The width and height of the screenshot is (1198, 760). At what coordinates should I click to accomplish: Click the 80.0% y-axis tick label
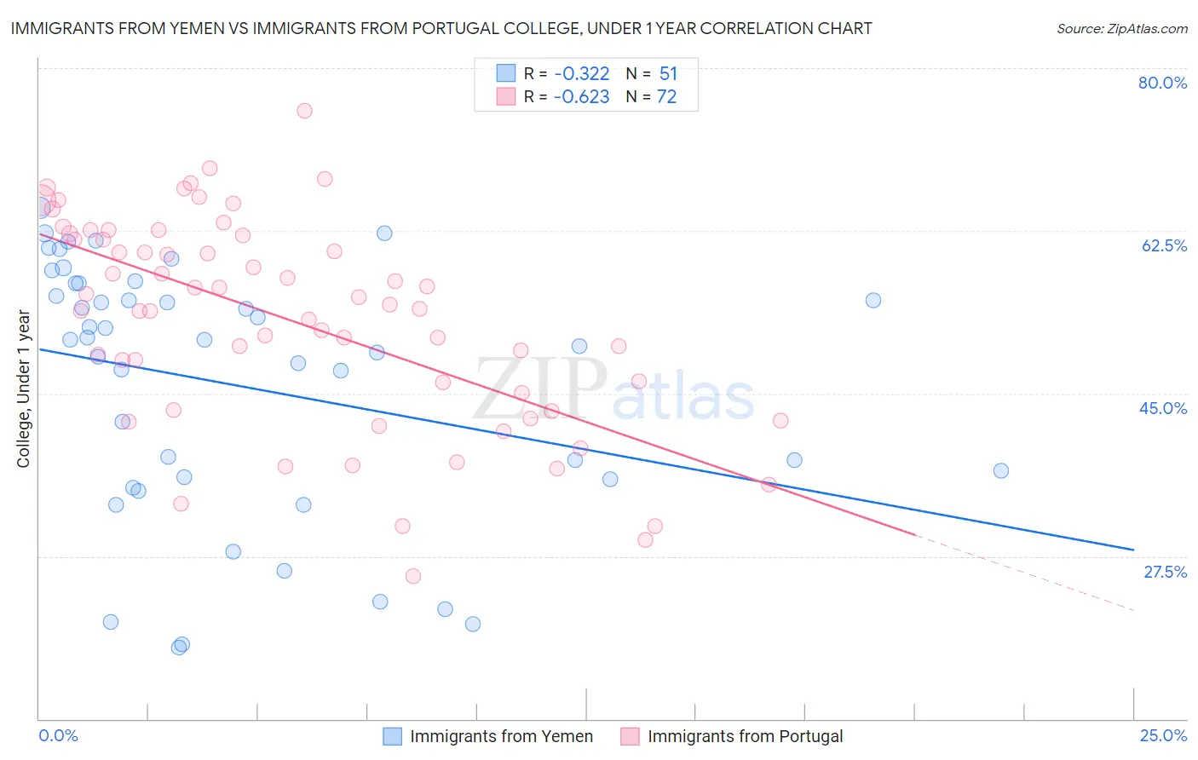tap(1162, 83)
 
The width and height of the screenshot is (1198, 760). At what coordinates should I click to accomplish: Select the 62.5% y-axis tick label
tap(1164, 245)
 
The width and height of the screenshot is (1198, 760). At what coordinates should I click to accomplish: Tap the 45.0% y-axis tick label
tap(1163, 408)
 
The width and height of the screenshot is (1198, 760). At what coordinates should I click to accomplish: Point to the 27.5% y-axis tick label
tap(1165, 572)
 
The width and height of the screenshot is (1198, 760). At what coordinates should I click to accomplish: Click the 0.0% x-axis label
tap(58, 735)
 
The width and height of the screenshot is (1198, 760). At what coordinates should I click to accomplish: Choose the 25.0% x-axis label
tap(1163, 735)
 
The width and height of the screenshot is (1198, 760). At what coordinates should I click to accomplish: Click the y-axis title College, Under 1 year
tap(23, 389)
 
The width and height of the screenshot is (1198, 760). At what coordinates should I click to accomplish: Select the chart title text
tap(441, 28)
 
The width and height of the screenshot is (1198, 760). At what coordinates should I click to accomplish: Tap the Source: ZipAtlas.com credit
tap(1121, 28)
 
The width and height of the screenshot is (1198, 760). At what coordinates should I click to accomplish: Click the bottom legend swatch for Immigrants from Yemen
tap(392, 736)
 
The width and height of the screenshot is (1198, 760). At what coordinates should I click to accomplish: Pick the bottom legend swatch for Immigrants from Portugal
tap(630, 736)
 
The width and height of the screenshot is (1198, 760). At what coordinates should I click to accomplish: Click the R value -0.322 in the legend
tap(581, 73)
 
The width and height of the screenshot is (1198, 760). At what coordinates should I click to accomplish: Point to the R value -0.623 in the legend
tap(581, 97)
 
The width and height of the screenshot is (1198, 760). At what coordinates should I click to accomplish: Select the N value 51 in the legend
tap(668, 73)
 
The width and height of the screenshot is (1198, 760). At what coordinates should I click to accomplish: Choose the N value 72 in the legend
tap(666, 97)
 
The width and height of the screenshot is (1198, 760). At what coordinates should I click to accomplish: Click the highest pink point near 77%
tap(304, 111)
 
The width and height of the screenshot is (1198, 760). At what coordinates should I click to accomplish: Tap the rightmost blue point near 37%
tap(1001, 471)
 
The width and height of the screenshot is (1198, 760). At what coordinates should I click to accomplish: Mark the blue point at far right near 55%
tap(873, 300)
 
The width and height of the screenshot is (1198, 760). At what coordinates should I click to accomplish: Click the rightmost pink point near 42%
tap(780, 420)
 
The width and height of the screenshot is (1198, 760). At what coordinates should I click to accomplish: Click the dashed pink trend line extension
tap(1022, 572)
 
